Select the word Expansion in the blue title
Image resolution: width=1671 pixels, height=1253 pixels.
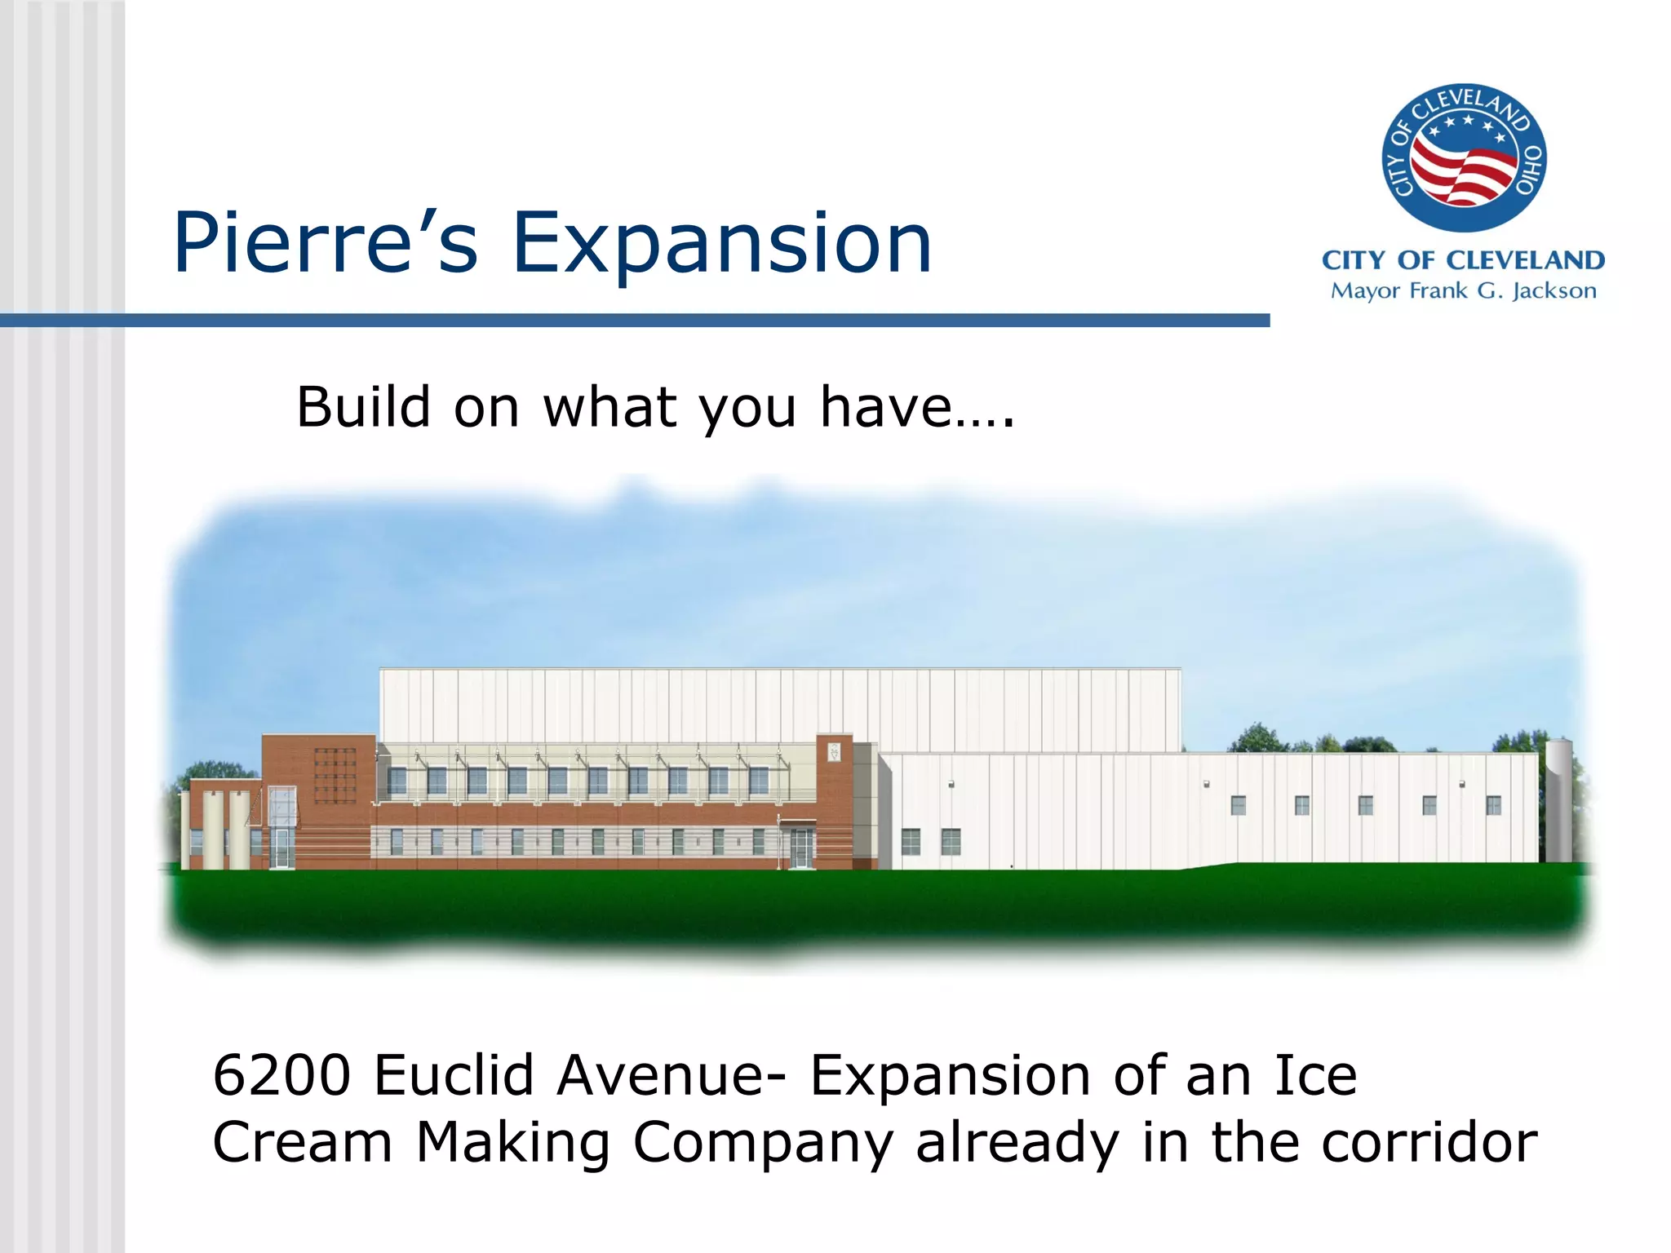pos(721,243)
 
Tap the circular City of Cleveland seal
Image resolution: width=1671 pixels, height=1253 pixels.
pos(1463,157)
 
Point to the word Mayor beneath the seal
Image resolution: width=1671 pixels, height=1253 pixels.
pos(1365,291)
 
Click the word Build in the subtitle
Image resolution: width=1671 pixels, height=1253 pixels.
pos(362,407)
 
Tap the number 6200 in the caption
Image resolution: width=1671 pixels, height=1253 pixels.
pos(281,1075)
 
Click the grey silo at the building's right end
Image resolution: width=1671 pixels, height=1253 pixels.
pos(1558,801)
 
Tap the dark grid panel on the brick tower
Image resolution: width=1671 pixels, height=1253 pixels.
pos(335,775)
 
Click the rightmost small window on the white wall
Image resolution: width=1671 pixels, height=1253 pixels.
pos(1493,805)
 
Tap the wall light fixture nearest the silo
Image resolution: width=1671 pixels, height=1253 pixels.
pos(1462,785)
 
